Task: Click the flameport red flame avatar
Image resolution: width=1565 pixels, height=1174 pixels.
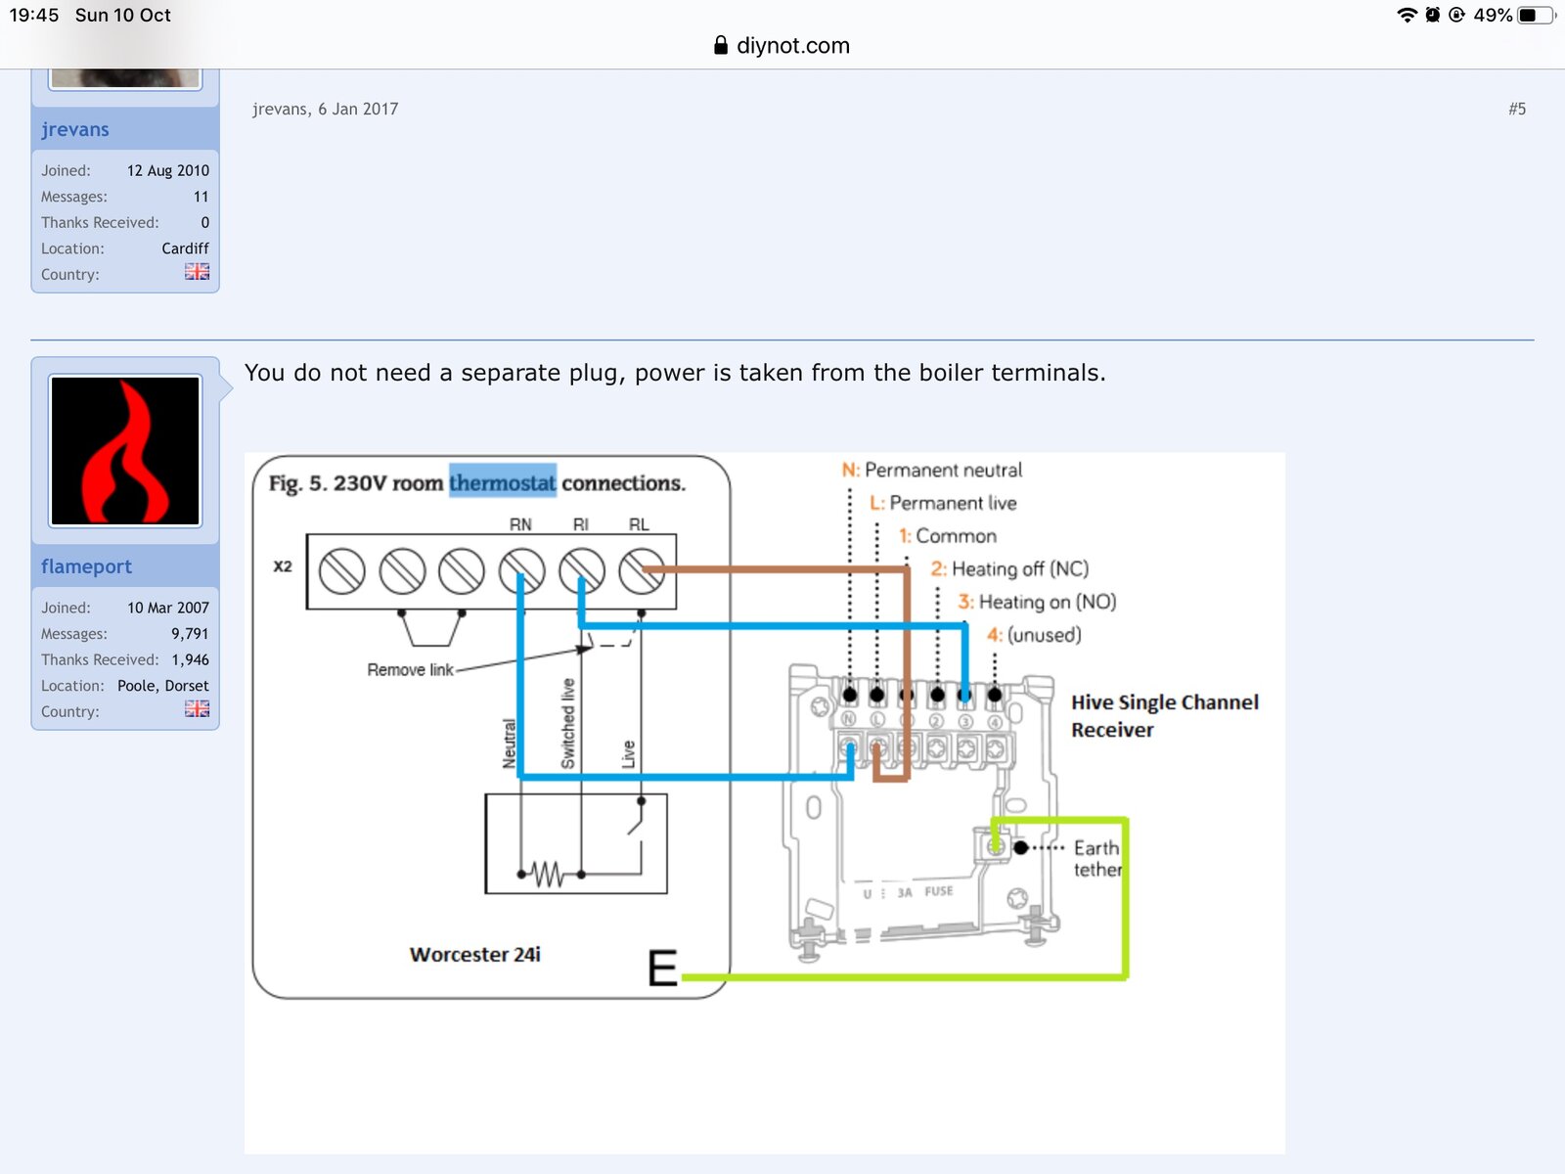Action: click(125, 450)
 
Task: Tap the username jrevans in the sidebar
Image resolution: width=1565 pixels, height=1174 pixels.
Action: click(75, 130)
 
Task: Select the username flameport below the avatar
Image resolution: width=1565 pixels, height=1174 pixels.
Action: click(86, 566)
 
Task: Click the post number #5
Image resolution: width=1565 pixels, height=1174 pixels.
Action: click(1516, 109)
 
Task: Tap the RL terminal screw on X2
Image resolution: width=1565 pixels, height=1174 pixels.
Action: click(642, 570)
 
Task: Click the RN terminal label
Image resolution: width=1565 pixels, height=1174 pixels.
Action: click(520, 524)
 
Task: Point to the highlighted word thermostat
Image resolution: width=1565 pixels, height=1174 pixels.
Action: click(502, 483)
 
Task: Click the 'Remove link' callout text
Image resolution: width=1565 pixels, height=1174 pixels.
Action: click(410, 670)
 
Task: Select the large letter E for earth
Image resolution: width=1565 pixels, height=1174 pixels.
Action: click(662, 968)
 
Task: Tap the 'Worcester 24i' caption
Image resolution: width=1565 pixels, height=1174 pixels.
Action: click(474, 955)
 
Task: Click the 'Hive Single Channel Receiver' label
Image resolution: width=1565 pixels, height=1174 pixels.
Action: click(1164, 716)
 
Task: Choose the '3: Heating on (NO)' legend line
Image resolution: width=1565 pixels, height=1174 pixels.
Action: click(1037, 602)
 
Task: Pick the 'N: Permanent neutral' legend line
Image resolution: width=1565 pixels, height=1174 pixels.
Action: click(932, 470)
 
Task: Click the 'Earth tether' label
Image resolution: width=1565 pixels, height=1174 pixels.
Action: click(1097, 858)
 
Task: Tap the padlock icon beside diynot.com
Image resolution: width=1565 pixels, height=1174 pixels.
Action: click(721, 46)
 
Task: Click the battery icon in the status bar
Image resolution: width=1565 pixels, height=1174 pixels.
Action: click(1535, 15)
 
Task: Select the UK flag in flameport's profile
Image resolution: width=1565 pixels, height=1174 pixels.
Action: click(197, 708)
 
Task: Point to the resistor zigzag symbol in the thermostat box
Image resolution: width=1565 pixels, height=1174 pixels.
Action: click(547, 874)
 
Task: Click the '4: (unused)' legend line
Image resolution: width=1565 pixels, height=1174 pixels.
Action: click(1034, 634)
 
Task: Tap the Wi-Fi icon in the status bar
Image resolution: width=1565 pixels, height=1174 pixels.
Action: click(1407, 15)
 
